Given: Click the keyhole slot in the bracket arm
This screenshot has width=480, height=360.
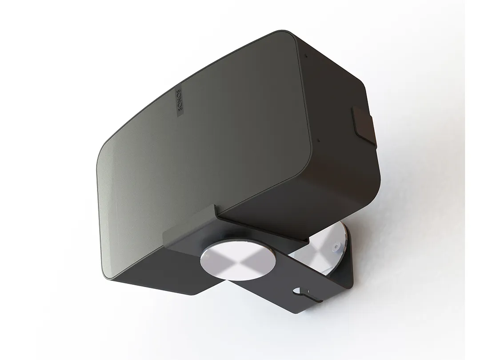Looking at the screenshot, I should [x=300, y=293].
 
